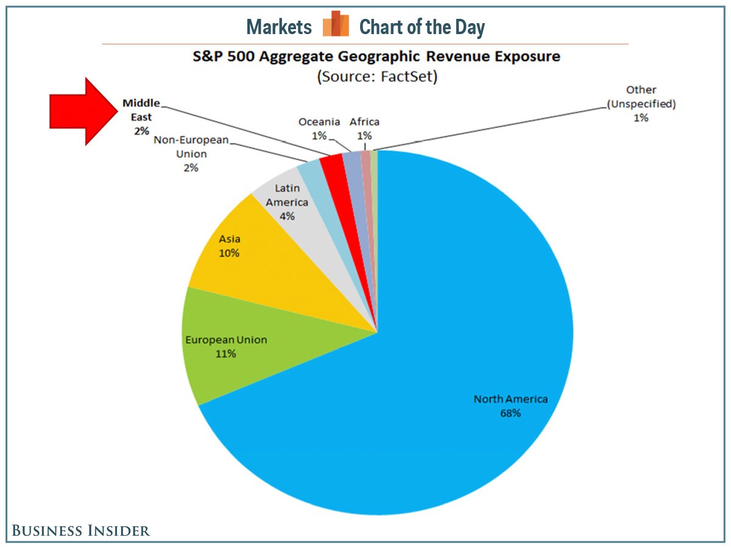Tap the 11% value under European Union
click(226, 354)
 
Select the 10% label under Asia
click(229, 253)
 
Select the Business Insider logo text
click(81, 530)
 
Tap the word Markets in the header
click(279, 27)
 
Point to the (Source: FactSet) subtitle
click(376, 78)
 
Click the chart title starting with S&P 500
click(376, 57)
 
